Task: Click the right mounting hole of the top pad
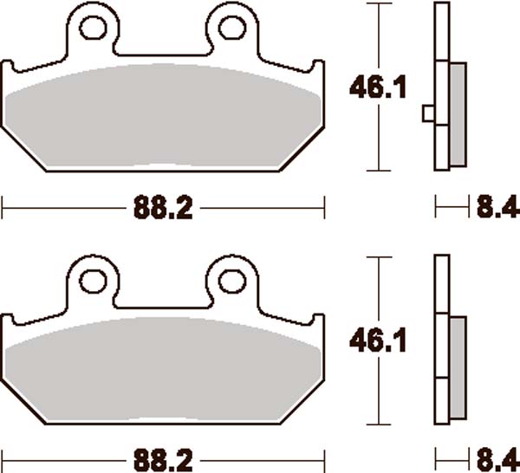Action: [231, 28]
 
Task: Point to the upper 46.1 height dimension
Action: [367, 87]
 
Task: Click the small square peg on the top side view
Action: [426, 113]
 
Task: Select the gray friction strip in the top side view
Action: [457, 114]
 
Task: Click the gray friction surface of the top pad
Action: [162, 117]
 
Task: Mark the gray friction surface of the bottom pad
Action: [162, 368]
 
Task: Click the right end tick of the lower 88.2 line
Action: [323, 457]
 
